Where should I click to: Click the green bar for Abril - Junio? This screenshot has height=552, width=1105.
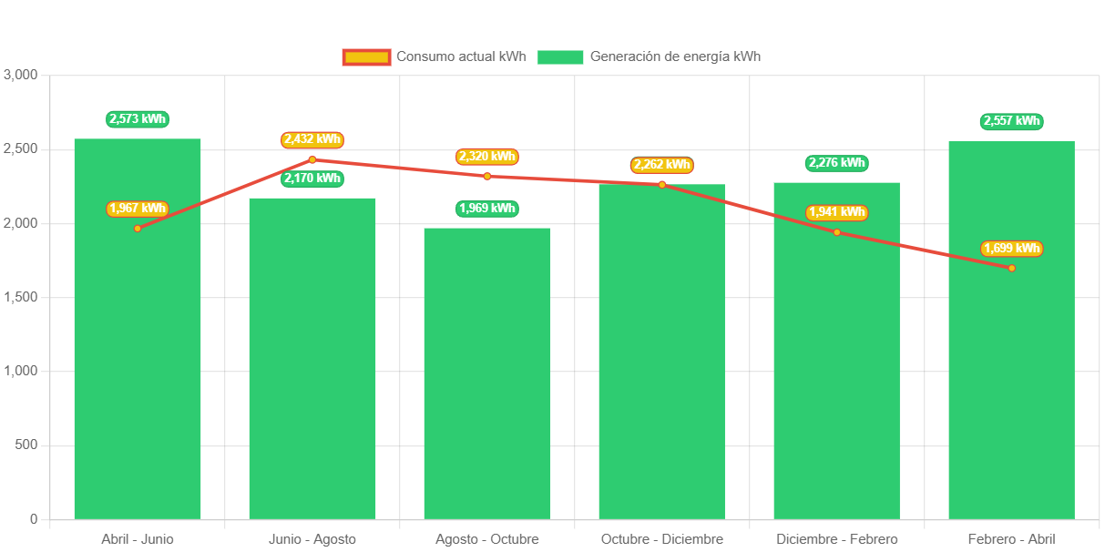point(138,364)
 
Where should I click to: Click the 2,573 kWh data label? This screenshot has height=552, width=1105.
point(138,119)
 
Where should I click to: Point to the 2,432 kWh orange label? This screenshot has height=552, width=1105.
point(312,140)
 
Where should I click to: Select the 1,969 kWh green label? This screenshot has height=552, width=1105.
point(487,209)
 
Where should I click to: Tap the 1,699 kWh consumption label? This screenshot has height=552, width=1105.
point(1011,249)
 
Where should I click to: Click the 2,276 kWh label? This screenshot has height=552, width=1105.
point(836,163)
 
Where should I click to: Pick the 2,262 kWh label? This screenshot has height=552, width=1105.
point(662,165)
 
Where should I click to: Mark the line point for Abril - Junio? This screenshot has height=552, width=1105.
point(138,229)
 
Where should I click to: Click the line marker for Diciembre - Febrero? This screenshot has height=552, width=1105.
point(836,232)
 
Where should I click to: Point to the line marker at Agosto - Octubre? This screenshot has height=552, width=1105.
point(487,177)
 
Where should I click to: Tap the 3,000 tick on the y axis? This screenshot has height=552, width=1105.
point(21,75)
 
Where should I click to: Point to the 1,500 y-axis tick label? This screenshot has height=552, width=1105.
point(21,297)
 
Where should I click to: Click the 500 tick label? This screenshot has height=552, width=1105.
point(26,445)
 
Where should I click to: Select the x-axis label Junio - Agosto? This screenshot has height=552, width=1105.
point(312,539)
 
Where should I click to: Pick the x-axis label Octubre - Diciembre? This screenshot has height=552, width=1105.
point(662,539)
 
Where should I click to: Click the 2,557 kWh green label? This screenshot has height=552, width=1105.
point(1011,121)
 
